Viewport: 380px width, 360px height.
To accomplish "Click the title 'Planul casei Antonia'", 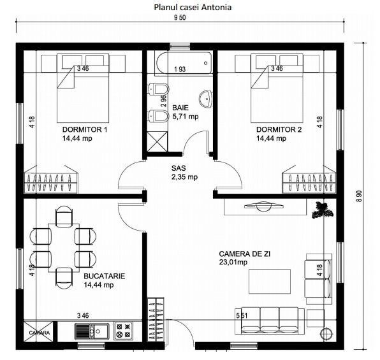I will point(192,8).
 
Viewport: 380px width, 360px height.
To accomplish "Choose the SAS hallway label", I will point(179,168).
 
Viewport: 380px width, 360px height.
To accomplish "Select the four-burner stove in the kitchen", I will point(123,331).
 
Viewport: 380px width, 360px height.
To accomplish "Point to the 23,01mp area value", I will point(233,261).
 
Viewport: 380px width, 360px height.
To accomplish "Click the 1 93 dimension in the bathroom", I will point(180,69).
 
